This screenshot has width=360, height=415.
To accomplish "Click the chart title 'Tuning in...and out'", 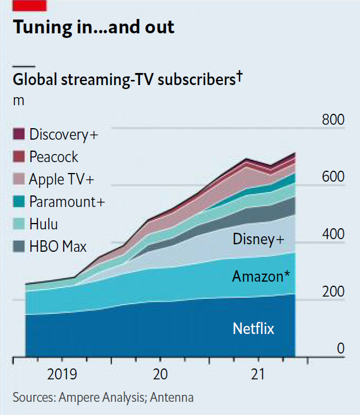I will click(94, 27).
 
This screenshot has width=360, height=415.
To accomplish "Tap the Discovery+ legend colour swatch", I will click(19, 135).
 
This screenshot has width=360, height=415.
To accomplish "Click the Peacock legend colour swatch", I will click(19, 157).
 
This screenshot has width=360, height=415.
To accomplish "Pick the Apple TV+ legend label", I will click(62, 179).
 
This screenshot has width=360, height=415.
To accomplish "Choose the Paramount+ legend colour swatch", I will click(19, 202).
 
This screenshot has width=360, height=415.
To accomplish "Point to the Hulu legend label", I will click(44, 224).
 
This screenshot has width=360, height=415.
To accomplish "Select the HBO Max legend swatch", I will click(19, 247).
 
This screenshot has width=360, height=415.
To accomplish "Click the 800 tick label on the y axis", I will click(332, 120).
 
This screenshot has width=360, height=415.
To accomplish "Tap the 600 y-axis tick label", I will click(332, 177).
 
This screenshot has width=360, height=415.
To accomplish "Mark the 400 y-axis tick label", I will click(332, 235).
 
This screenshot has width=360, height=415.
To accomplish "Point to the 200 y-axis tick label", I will click(332, 291).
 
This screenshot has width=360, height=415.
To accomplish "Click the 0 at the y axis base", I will click(340, 349).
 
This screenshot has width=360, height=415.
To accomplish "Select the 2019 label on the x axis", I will click(62, 375).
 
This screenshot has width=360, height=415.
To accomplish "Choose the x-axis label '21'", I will click(258, 375).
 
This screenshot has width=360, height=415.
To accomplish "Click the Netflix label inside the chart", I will click(253, 329).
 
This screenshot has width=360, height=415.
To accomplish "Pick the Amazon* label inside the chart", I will click(260, 276).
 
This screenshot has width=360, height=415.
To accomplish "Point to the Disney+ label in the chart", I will click(258, 239).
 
